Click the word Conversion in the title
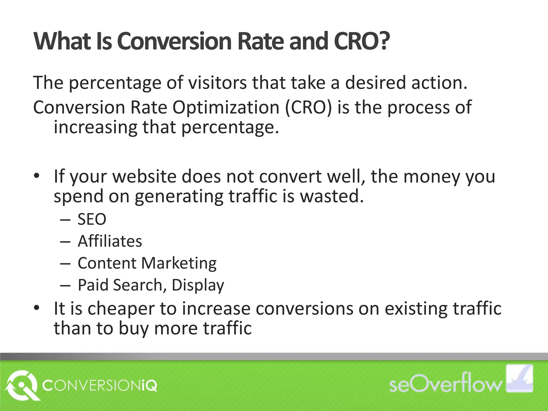(x=174, y=41)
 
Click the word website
(x=144, y=177)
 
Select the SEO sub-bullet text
(x=92, y=219)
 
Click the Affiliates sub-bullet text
(x=110, y=241)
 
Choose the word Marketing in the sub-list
(x=179, y=263)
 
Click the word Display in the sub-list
(x=198, y=285)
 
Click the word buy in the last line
(x=133, y=328)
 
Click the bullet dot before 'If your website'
(x=37, y=177)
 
